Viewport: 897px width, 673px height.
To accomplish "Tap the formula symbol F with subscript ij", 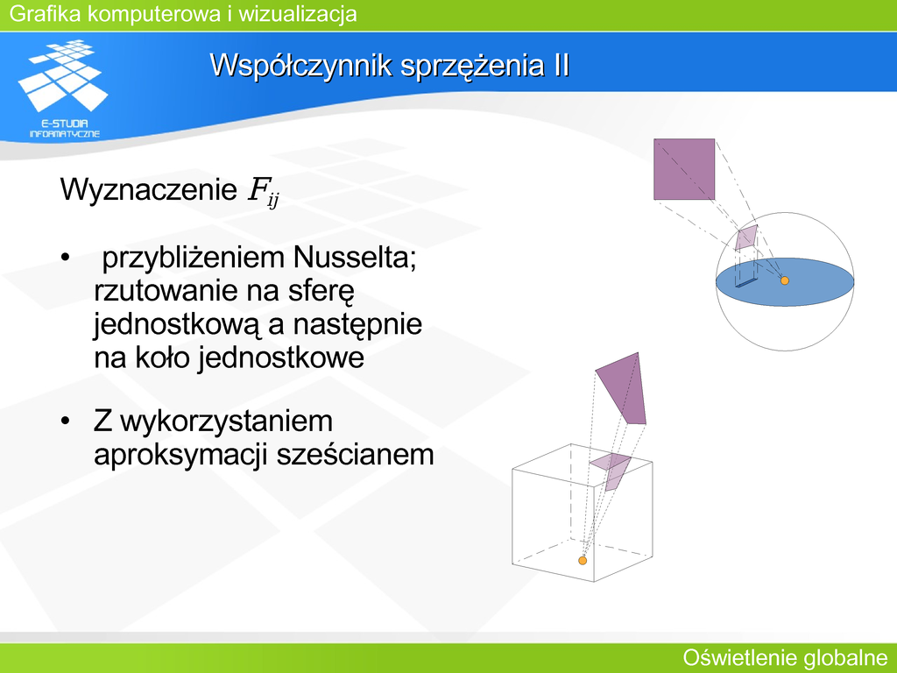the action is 263,192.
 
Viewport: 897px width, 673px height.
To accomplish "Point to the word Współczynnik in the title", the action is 301,66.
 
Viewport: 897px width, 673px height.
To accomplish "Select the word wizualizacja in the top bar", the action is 298,14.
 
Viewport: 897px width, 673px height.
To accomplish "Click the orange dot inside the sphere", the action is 785,280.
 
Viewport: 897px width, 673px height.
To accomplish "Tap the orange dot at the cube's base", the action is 583,560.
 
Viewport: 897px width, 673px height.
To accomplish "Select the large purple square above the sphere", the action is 684,169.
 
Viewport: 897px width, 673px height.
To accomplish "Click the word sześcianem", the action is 356,455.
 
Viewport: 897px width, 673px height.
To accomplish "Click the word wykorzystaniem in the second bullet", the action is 227,422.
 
